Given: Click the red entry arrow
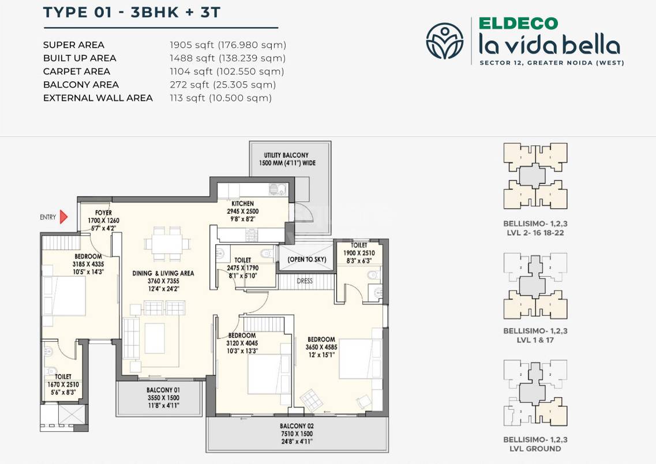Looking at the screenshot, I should [x=63, y=217].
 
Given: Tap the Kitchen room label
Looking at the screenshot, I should [x=243, y=203].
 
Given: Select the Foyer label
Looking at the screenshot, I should [x=103, y=213].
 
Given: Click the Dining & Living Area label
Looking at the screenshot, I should [x=163, y=273].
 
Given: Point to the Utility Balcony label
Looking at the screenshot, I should [x=286, y=155].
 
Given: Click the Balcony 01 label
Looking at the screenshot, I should [x=159, y=390].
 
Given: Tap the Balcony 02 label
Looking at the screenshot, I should [x=298, y=427].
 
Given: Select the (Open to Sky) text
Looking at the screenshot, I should [x=307, y=259].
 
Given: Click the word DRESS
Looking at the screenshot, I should [x=305, y=281].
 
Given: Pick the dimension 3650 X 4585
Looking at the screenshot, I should [x=321, y=347].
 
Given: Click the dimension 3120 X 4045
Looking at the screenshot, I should [x=242, y=343].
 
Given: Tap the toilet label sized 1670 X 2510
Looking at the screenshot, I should [x=63, y=384].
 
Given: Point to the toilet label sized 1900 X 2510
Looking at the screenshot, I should [x=359, y=252].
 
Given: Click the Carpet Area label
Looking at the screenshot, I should [x=77, y=71].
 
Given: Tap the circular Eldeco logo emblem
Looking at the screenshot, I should [x=444, y=41].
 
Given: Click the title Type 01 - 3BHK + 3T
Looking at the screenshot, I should [x=132, y=13].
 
